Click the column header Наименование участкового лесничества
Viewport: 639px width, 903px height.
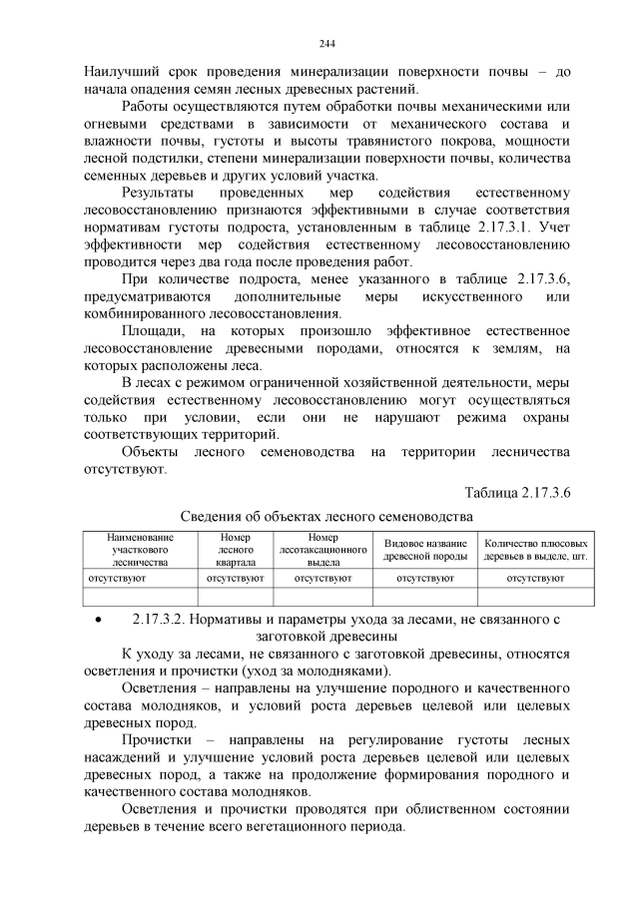[141, 550]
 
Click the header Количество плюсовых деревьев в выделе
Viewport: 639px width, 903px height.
[534, 550]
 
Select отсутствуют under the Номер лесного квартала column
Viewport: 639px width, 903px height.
[235, 578]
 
